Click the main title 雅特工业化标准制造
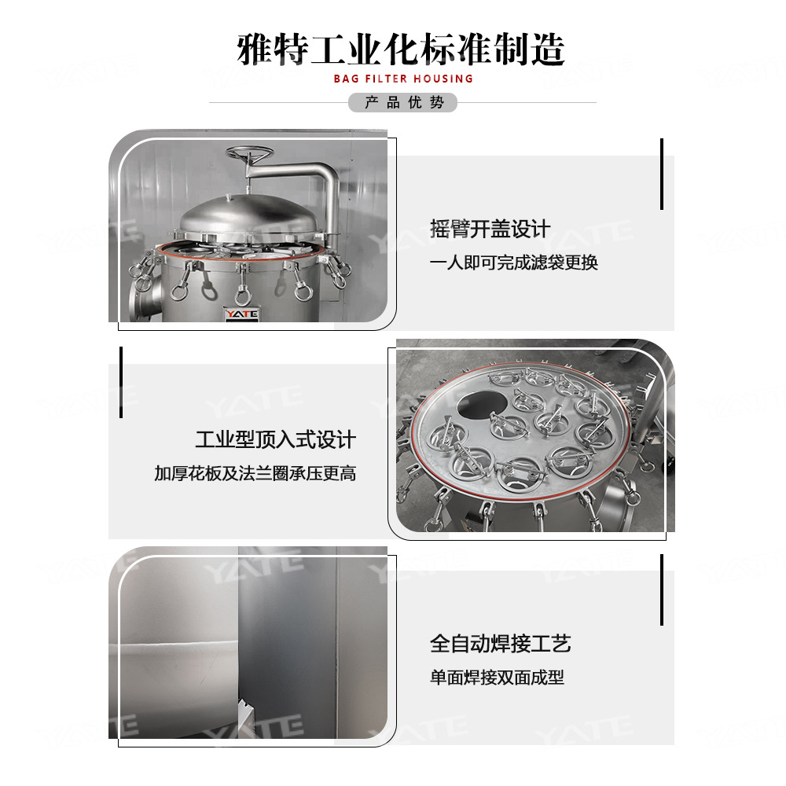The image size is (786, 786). [401, 50]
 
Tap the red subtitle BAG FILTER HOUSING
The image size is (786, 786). [403, 79]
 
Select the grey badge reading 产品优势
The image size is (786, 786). [402, 102]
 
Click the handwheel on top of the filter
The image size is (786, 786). [249, 153]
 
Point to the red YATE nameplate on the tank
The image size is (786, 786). [241, 314]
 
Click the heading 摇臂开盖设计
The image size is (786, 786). [490, 229]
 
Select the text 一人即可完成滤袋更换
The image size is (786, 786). [514, 263]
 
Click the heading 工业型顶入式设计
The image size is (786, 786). [276, 439]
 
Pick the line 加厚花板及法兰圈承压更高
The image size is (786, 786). [255, 473]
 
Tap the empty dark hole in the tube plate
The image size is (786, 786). [481, 405]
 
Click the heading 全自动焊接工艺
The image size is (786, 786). [500, 644]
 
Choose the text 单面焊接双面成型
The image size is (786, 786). [497, 678]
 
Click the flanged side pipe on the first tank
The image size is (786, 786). [145, 297]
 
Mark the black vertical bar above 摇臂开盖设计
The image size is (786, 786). [662, 174]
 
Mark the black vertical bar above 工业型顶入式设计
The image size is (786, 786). [121, 382]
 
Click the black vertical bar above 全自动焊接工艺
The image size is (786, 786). [662, 589]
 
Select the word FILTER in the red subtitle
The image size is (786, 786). [386, 79]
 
